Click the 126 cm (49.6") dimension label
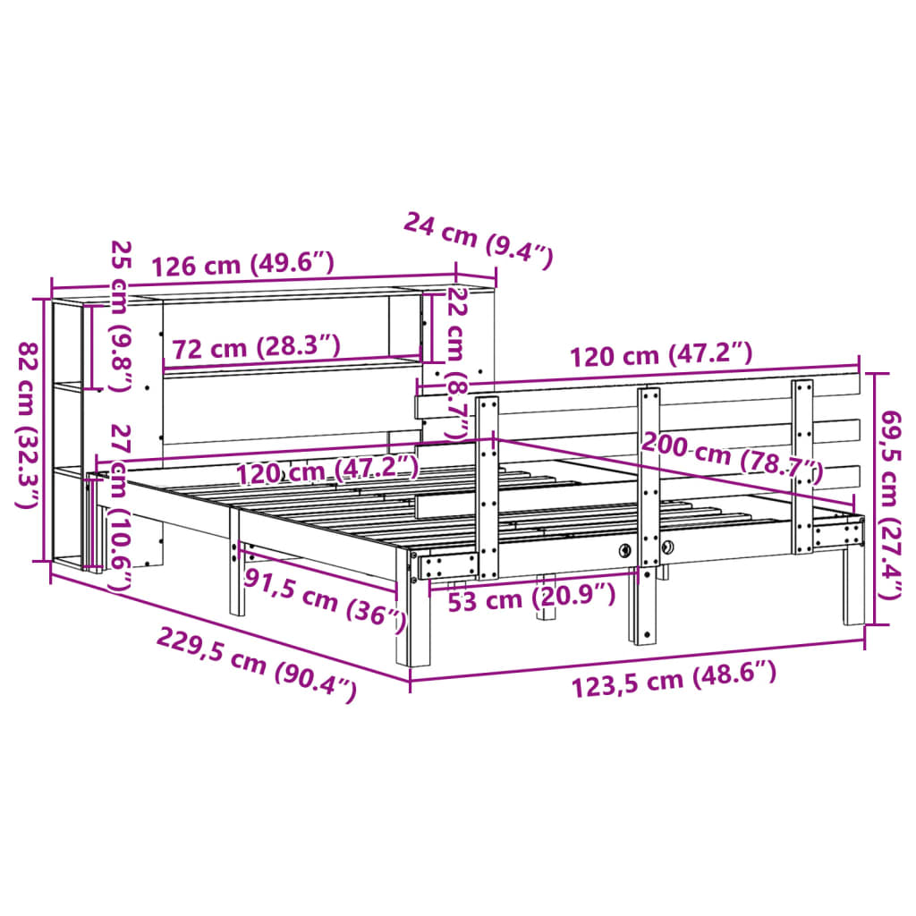coord(242,265)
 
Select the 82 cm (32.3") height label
coord(30,425)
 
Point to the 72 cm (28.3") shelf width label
coord(256,346)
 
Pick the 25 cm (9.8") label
coord(120,315)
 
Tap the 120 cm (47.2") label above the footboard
coord(662,355)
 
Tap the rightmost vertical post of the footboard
coord(802,465)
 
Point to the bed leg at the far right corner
coord(852,590)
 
